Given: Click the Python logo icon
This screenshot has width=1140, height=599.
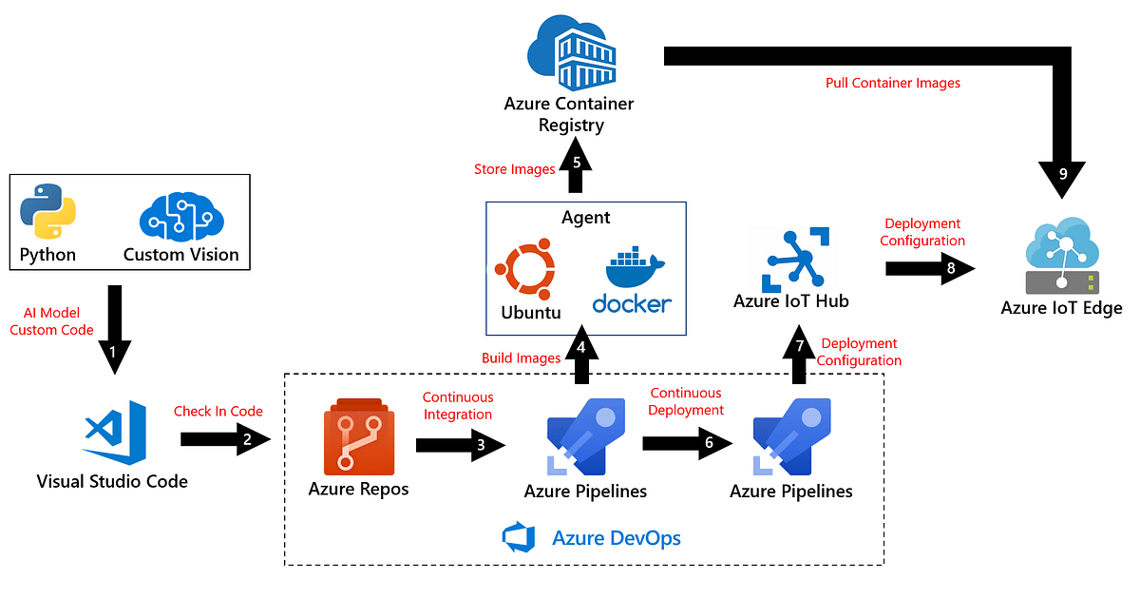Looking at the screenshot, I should pos(47,211).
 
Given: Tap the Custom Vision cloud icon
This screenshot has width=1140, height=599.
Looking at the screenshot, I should pos(180,216).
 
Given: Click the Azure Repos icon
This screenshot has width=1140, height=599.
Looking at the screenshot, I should pos(358,439).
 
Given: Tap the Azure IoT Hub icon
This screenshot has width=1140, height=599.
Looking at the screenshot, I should pos(791,259).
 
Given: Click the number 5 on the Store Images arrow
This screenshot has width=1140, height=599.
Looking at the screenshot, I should pos(577,162).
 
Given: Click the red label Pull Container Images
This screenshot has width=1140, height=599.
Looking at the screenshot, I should pos(892,83).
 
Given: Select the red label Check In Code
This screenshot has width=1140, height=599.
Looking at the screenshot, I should pos(218,411).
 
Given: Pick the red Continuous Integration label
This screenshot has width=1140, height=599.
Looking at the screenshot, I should pos(458,406).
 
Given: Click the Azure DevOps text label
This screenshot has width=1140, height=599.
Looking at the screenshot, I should pos(617,538).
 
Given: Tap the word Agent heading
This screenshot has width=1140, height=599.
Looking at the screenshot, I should pos(586,218).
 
